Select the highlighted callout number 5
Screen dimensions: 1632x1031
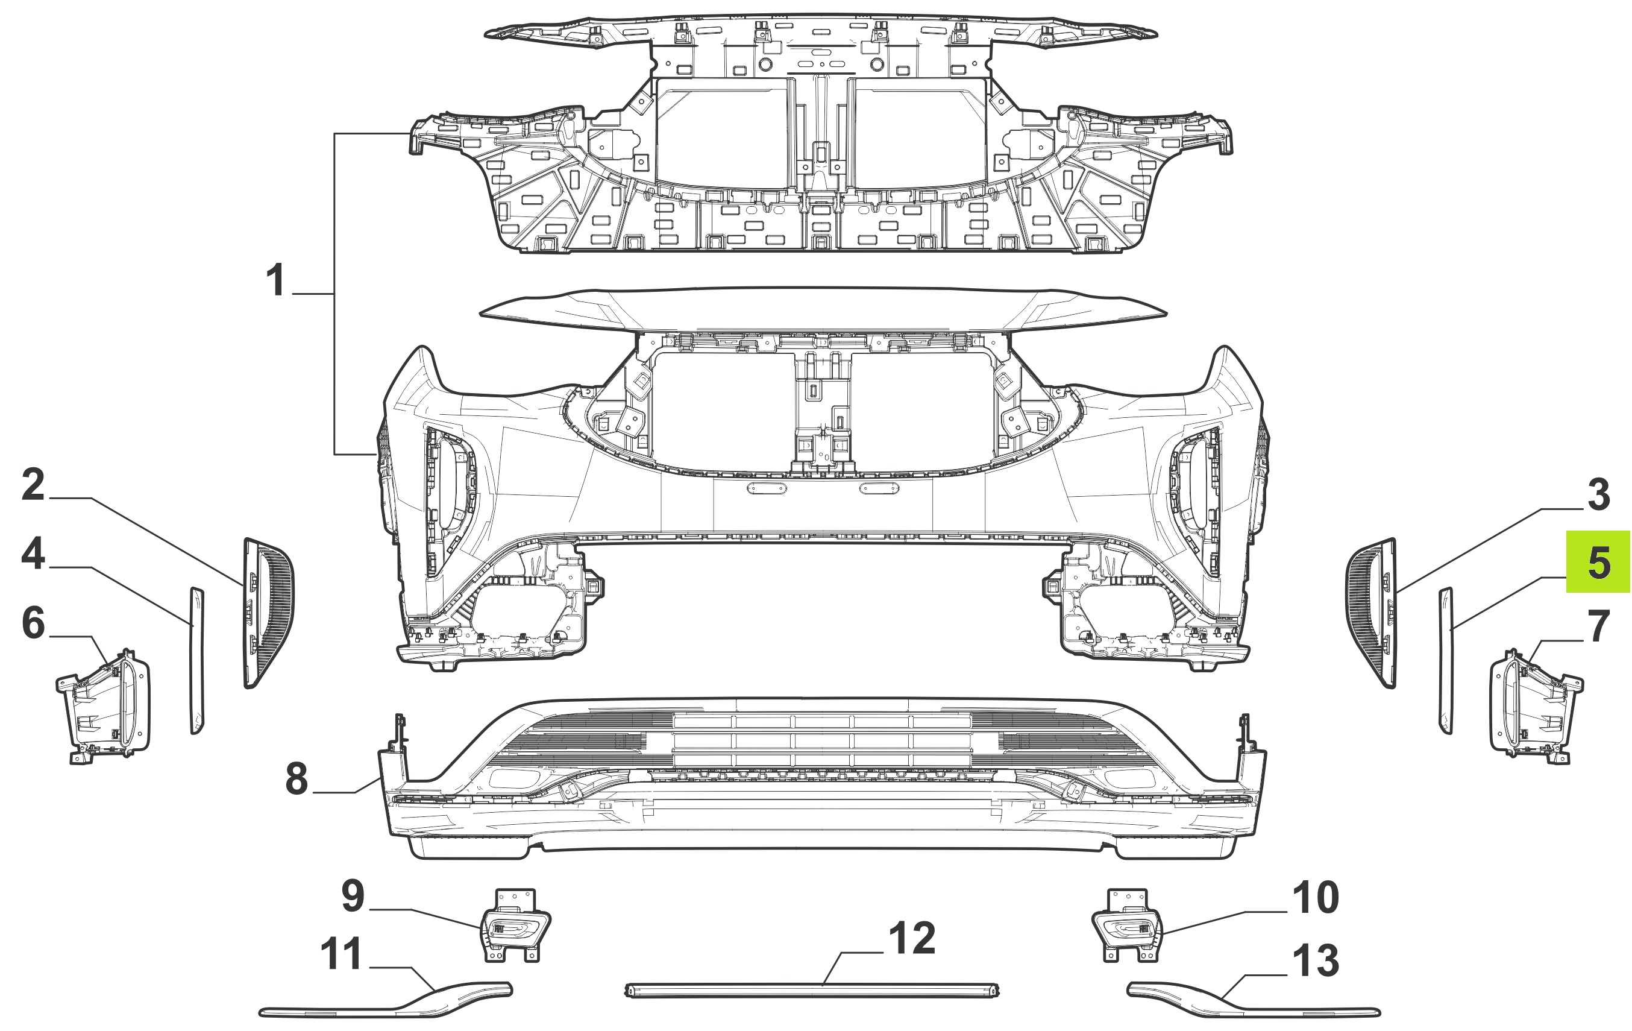[1599, 562]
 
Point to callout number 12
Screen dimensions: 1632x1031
[912, 938]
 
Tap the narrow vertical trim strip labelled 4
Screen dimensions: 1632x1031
[196, 660]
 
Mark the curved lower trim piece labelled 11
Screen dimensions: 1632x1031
[386, 1002]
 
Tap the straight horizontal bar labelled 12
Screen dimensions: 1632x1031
[812, 991]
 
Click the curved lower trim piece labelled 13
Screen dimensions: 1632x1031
[1254, 1002]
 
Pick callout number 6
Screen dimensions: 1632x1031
[33, 623]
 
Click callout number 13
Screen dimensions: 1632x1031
[1316, 961]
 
